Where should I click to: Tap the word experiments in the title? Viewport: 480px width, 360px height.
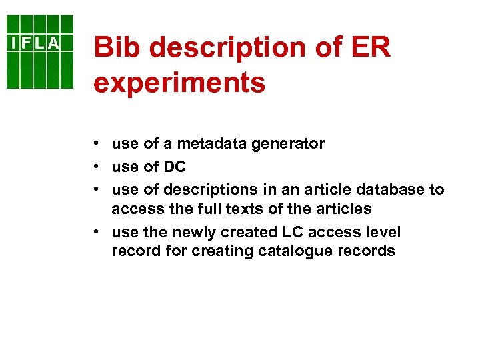pos(179,83)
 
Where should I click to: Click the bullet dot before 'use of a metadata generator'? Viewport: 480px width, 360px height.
pos(97,143)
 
